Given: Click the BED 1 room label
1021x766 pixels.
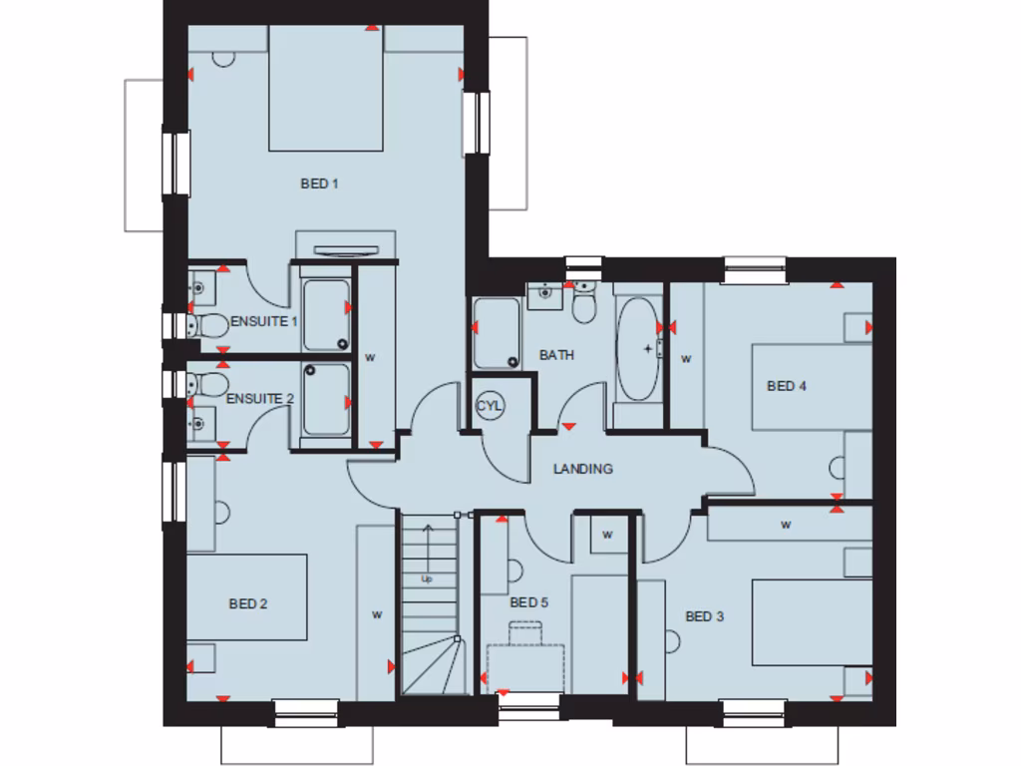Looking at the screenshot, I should pos(320,184).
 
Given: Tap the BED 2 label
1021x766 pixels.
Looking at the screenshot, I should pos(248,603).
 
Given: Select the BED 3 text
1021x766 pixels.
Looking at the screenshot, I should pos(704,616).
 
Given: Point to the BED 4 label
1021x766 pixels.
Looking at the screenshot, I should pos(786,386).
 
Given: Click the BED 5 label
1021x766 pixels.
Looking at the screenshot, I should pos(528,602).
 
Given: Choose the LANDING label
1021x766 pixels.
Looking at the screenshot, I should pos(583,469).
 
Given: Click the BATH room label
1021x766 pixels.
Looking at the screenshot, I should pos(556,354).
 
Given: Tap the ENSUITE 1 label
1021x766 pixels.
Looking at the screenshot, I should pos(264,321).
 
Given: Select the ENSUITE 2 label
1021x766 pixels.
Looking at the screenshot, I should pos(260,398).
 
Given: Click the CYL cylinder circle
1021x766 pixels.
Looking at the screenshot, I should pos(490,406).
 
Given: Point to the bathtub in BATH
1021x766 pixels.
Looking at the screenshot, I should pos(638,348).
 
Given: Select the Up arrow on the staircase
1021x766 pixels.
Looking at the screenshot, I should pos(427,559).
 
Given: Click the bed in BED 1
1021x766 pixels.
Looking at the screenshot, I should pos(326,90).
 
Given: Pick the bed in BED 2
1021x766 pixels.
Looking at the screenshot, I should pos(246,597).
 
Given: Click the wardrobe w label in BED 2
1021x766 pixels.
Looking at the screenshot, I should pos(377,614).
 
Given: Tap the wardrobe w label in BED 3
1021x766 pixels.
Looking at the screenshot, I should pos(786,524).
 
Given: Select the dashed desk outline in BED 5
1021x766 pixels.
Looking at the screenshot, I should pos(525,666).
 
